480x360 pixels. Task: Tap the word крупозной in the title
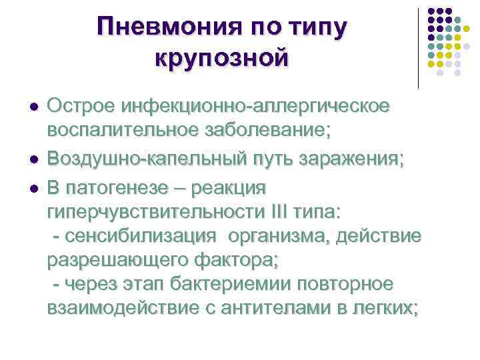222,57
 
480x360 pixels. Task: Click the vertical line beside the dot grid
419,48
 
